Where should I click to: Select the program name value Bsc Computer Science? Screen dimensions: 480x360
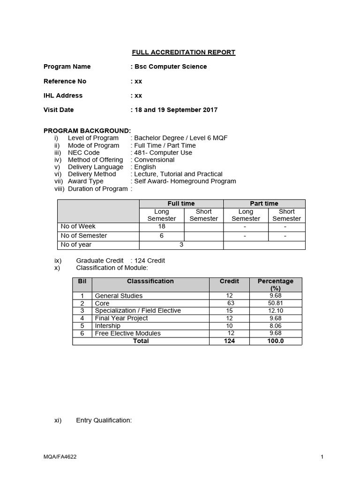(x=171, y=67)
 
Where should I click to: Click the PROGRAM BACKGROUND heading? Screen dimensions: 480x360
(x=87, y=131)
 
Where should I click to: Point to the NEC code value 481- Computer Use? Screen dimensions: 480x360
(x=163, y=152)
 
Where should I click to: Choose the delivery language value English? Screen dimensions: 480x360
(x=145, y=167)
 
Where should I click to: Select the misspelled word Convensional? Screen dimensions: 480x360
(x=154, y=160)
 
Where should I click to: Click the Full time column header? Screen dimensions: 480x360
(x=181, y=203)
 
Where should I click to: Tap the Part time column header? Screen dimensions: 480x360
(x=264, y=203)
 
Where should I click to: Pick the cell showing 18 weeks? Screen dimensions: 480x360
(x=162, y=227)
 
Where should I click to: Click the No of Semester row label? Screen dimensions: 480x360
(x=84, y=236)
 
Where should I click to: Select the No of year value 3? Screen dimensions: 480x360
(x=181, y=245)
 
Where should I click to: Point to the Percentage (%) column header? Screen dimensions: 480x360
(x=276, y=285)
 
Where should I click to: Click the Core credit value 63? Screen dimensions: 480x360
(x=230, y=303)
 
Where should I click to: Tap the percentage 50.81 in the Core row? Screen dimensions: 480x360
(x=276, y=303)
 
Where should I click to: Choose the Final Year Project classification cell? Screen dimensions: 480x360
(x=121, y=318)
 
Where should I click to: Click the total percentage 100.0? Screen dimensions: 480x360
(x=276, y=341)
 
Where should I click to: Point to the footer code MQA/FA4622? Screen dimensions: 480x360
(x=59, y=457)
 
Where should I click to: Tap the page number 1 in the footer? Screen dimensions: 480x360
(x=322, y=457)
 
